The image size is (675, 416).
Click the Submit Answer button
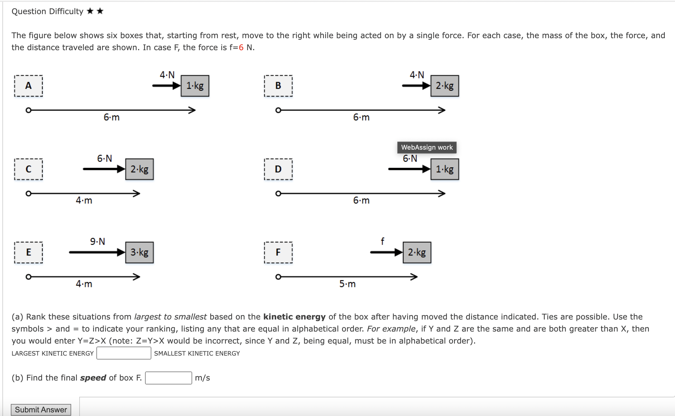tap(41, 410)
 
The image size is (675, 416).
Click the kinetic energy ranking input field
tap(124, 353)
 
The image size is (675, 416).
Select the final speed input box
tap(168, 378)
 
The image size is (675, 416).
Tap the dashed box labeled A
tap(29, 86)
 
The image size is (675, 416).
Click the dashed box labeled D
tap(278, 169)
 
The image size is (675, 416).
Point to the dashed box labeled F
tap(278, 252)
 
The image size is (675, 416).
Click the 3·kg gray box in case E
tap(140, 252)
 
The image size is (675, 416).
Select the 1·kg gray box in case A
tap(195, 86)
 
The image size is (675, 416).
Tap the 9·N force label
tap(98, 241)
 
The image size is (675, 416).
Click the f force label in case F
tap(382, 241)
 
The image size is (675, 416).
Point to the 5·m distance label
tap(347, 284)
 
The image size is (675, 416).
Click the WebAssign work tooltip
tap(427, 147)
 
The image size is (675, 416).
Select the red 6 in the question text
tap(241, 47)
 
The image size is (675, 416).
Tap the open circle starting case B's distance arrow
tap(278, 110)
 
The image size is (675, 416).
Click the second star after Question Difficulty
tap(100, 11)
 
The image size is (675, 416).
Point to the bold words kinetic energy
tap(294, 317)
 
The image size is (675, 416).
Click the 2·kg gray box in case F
tap(417, 252)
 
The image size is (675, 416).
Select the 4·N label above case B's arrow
tap(417, 75)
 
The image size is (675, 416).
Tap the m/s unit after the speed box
tap(202, 378)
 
